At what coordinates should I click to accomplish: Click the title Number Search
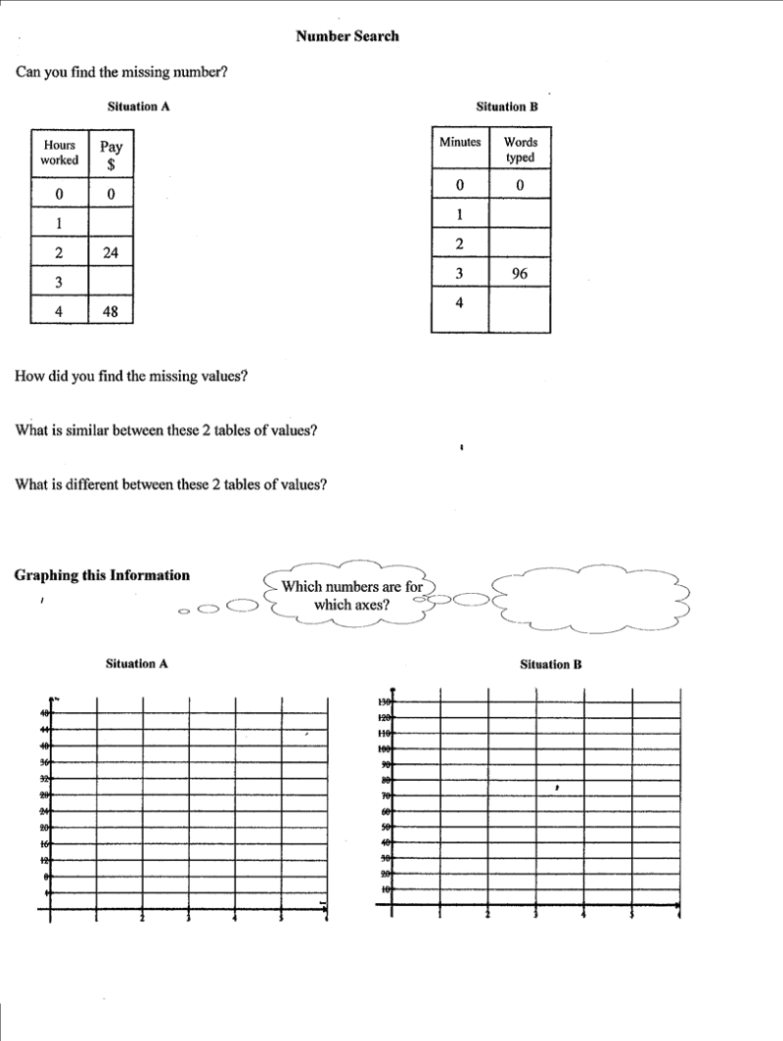[x=347, y=36]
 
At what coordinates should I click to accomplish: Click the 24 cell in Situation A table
[x=111, y=252]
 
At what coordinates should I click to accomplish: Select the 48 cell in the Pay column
[x=111, y=312]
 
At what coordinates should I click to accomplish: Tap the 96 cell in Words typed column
[x=520, y=273]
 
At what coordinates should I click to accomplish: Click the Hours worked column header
[x=60, y=153]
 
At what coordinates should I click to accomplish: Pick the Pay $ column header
[x=111, y=155]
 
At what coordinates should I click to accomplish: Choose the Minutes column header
[x=460, y=143]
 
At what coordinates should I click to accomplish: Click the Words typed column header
[x=520, y=150]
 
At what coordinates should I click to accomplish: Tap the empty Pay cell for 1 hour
[x=111, y=222]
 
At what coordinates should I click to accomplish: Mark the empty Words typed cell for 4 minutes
[x=520, y=310]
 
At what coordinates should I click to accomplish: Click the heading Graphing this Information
[x=102, y=575]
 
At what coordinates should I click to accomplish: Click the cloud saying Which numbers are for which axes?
[x=352, y=595]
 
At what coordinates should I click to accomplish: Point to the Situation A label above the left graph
[x=137, y=663]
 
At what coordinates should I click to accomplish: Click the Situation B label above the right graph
[x=551, y=664]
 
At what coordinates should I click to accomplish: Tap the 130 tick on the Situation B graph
[x=385, y=702]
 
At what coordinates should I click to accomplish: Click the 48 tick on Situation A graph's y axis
[x=45, y=714]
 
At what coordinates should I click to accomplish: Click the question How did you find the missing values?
[x=131, y=376]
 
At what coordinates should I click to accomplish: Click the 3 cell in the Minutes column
[x=459, y=273]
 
